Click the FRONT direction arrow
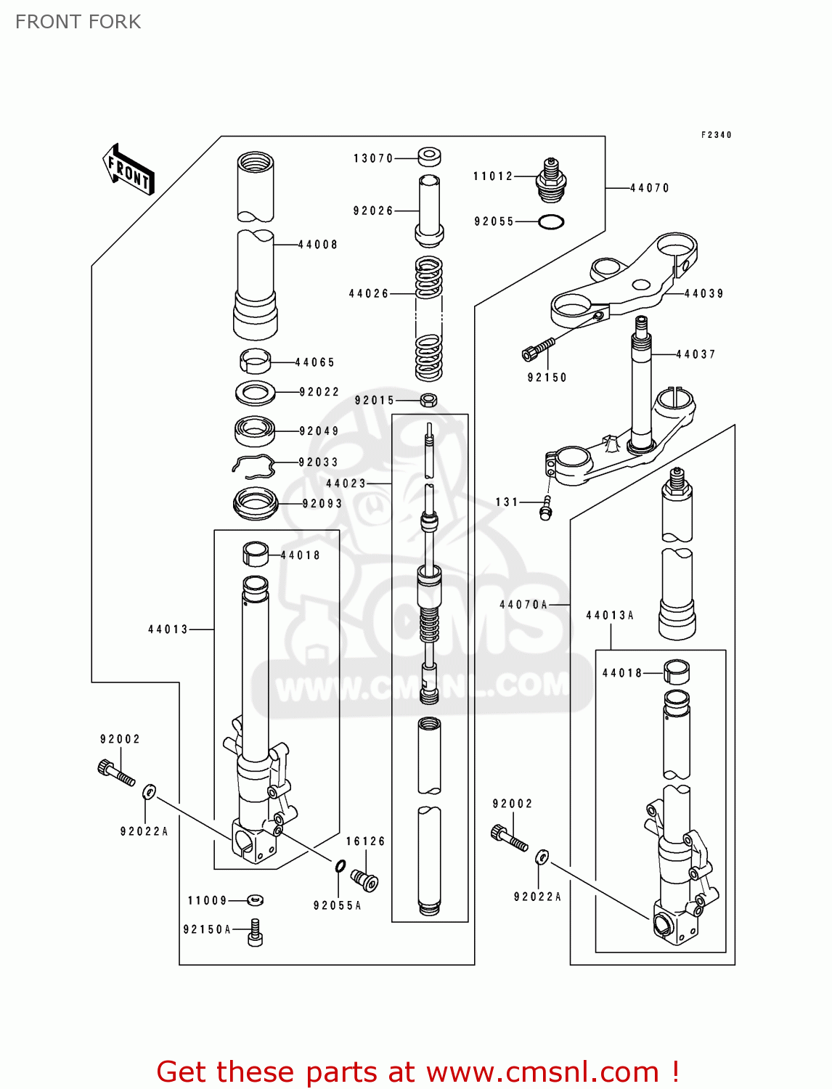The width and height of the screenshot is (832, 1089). point(129,170)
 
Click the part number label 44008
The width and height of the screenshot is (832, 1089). point(318,245)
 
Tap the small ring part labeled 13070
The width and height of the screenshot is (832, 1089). point(429,156)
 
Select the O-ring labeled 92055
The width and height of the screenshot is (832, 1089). point(551,221)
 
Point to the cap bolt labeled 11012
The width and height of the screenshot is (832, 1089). point(551,179)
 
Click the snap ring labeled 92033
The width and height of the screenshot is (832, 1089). point(253,466)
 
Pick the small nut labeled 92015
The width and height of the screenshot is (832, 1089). point(428,399)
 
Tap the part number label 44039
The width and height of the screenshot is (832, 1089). point(703,293)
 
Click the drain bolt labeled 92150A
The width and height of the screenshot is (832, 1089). point(255,932)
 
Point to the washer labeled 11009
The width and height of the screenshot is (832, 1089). point(255,900)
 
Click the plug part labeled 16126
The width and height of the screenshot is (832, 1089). point(364,879)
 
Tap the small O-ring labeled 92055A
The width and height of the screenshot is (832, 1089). point(340,865)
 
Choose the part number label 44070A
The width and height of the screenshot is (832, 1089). point(523,604)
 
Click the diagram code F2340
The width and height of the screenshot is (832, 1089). point(716,135)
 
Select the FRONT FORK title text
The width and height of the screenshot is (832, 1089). point(78,22)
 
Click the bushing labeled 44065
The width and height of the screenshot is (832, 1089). point(255,359)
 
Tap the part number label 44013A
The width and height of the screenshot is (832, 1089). point(610,615)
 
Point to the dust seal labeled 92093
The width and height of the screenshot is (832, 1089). point(256,503)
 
